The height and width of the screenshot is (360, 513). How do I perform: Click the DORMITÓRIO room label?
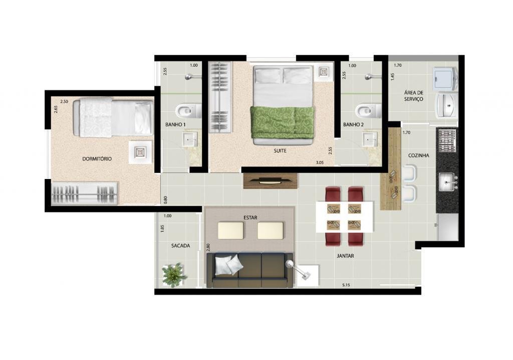[97, 159]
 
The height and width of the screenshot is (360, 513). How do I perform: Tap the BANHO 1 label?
[175, 125]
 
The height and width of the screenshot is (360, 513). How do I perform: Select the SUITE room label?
[280, 151]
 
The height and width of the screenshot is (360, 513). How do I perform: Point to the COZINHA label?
[418, 155]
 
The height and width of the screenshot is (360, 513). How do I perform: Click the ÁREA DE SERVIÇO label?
[413, 96]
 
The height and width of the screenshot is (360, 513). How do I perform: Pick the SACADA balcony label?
[180, 246]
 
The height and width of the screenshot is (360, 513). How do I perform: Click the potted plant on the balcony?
[174, 275]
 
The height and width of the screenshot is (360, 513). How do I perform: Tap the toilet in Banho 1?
[188, 111]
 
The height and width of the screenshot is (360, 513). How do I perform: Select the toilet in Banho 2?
[368, 111]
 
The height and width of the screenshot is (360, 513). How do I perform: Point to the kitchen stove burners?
[446, 141]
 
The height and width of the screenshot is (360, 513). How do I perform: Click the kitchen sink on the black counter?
[447, 182]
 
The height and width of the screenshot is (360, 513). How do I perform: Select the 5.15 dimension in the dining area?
[346, 285]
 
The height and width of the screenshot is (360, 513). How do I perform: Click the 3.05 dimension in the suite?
[320, 162]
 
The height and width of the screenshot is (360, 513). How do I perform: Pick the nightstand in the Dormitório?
[140, 152]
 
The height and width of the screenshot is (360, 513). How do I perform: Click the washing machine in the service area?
[444, 79]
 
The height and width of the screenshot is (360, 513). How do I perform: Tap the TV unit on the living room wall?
[271, 181]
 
